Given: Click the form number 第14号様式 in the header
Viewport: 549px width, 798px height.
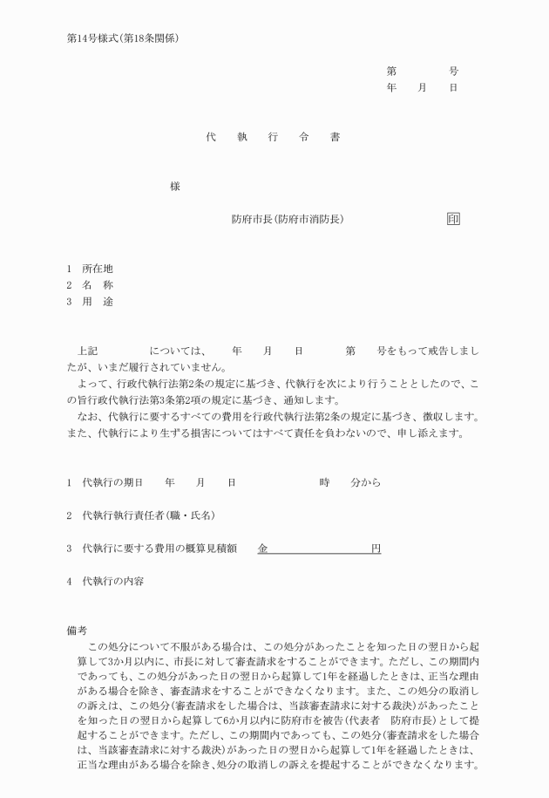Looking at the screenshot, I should point(95,38).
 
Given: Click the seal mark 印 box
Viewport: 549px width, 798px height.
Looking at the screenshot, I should point(453,219).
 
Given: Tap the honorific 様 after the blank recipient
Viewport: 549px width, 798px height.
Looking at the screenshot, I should point(175,187).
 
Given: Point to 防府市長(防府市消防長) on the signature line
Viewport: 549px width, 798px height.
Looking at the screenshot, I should point(287,219).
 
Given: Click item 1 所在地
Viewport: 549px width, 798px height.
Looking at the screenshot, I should point(97,269).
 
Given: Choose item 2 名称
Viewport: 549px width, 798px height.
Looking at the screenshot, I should point(97,285).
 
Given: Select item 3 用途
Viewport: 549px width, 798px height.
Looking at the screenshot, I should point(97,302).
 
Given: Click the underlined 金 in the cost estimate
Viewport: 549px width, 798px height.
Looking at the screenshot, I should point(262,549).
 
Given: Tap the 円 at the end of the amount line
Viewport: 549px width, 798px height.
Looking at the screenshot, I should point(376,549).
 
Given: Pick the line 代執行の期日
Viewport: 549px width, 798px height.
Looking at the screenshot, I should point(112,482).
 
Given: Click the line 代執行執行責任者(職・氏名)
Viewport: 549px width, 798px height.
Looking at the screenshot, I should point(147,515).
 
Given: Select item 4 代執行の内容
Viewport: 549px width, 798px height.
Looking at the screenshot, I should point(112,582).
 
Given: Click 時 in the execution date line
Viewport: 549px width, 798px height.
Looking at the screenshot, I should point(324,482).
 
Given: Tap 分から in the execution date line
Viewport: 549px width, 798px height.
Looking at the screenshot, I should point(365,482).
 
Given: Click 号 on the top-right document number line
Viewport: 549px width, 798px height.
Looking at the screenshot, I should point(453,72).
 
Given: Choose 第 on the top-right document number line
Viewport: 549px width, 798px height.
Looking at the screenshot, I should point(391,72).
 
